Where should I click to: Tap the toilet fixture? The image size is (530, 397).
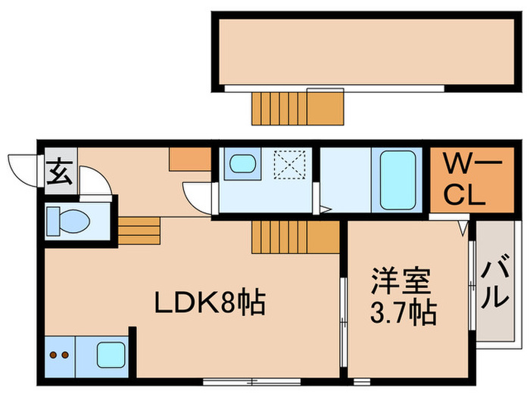pyautogui.click(x=67, y=222)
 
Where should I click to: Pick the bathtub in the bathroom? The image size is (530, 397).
pyautogui.click(x=398, y=179)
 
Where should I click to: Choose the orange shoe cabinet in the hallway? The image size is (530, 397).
pyautogui.click(x=189, y=158)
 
